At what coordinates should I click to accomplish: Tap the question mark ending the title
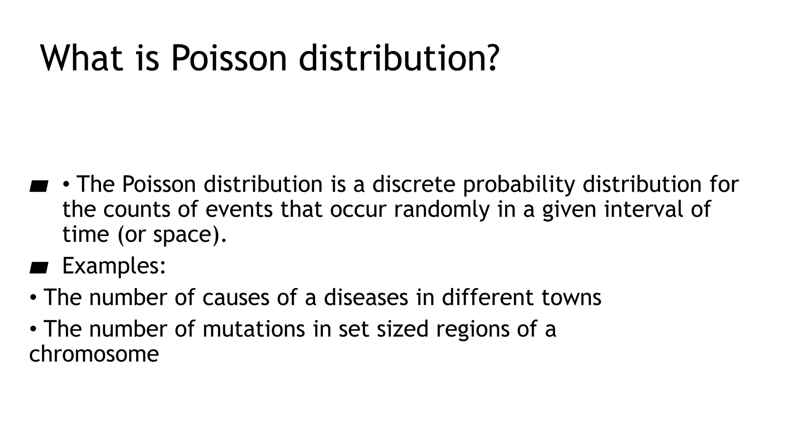click(492, 58)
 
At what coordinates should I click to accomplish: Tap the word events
click(239, 209)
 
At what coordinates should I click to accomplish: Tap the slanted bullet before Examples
click(39, 267)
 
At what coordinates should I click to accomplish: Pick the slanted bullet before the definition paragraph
click(39, 187)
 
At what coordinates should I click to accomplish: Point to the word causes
click(236, 298)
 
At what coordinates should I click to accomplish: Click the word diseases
click(366, 297)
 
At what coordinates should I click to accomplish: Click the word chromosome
click(94, 354)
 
